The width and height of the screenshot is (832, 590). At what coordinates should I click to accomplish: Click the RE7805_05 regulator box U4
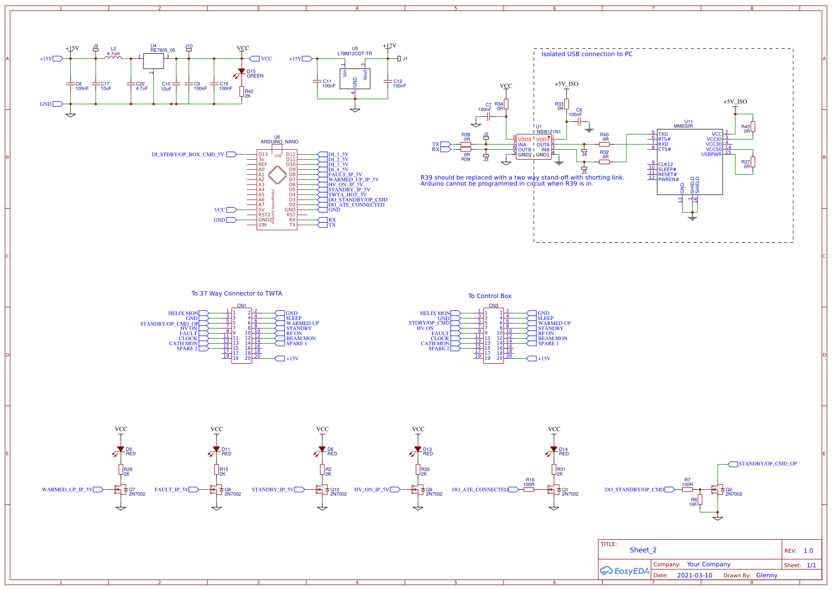(154, 61)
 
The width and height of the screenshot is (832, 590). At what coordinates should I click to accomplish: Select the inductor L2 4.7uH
(113, 58)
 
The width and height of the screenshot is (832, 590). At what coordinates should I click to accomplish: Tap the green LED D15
(241, 72)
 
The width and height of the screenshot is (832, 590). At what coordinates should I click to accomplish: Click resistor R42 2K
(242, 91)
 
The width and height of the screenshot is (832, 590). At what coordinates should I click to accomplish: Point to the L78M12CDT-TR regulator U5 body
(355, 79)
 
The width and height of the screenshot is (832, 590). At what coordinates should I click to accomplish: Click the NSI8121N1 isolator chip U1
(533, 147)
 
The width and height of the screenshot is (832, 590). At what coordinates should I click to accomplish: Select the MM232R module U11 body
(689, 161)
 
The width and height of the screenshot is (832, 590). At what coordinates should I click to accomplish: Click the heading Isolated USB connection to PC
(587, 54)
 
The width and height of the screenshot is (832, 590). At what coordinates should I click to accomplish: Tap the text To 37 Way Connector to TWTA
(236, 293)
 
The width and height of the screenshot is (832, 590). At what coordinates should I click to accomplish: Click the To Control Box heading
(490, 296)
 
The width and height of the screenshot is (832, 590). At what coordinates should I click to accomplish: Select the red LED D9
(120, 449)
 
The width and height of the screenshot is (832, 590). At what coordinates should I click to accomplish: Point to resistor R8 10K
(700, 499)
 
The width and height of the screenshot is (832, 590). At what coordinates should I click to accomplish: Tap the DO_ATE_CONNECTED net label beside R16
(480, 489)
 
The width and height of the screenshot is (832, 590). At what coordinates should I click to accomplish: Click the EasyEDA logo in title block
(624, 571)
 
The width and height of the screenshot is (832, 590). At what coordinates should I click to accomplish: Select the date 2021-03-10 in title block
(695, 575)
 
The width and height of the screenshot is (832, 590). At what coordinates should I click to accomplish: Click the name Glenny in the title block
(767, 575)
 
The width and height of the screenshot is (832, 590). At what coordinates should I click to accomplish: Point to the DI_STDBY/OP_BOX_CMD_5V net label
(188, 155)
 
